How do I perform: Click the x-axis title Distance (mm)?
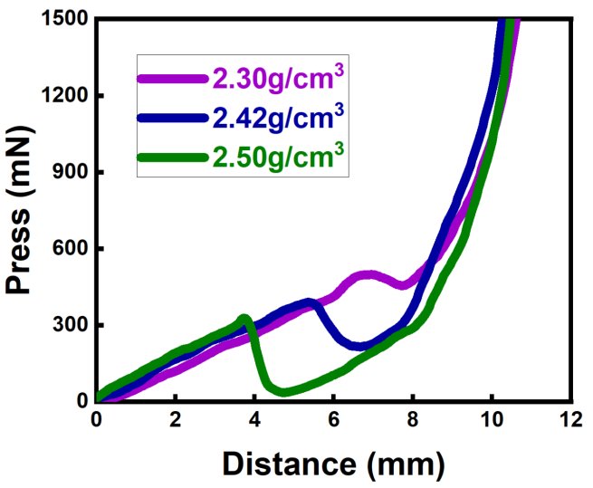coord(334,463)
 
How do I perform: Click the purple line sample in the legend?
coord(173,79)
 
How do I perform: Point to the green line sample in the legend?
coord(173,158)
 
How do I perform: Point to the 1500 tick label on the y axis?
coord(66,19)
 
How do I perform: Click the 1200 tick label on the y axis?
coord(66,96)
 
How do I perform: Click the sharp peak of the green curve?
coord(244,318)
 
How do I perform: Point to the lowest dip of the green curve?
coord(285,392)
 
